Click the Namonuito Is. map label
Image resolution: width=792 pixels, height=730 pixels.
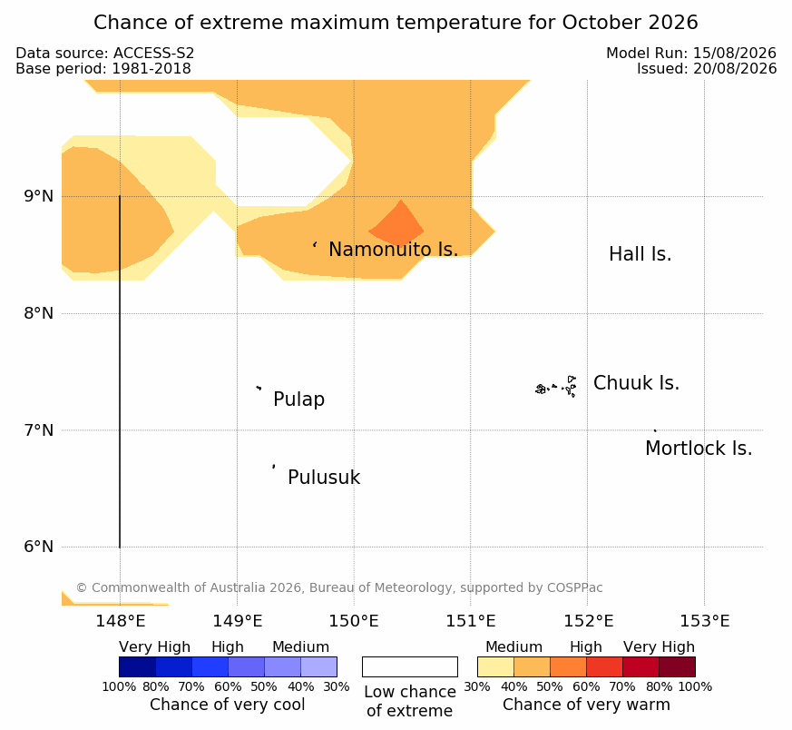coord(394,249)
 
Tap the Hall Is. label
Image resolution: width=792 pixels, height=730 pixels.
coord(640,254)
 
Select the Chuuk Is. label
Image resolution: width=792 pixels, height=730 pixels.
coord(636,383)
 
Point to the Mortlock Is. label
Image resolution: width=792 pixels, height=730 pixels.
coord(699,449)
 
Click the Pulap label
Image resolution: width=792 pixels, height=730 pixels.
coord(299,400)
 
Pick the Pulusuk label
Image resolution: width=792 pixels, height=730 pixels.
coord(324,478)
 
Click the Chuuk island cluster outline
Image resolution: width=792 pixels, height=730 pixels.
coord(556,387)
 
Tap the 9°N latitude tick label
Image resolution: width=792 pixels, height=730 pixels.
coord(38,196)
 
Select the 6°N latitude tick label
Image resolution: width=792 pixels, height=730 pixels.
coord(38,547)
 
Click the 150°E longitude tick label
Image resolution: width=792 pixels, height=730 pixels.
coord(354,621)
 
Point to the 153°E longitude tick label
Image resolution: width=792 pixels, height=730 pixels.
coord(705,621)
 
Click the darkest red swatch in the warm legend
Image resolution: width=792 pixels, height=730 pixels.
coord(677,666)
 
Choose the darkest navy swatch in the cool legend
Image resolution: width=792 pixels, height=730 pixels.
coord(137,666)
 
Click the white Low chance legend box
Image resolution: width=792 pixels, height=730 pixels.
coord(410,666)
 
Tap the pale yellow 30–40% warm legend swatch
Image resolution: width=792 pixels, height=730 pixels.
coord(495,666)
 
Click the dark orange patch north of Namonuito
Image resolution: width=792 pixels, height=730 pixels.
coord(396,226)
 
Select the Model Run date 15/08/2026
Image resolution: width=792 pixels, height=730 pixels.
coord(735,53)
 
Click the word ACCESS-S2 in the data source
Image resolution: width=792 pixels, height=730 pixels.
coord(153,53)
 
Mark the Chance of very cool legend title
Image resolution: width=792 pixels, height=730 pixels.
coord(228,705)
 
